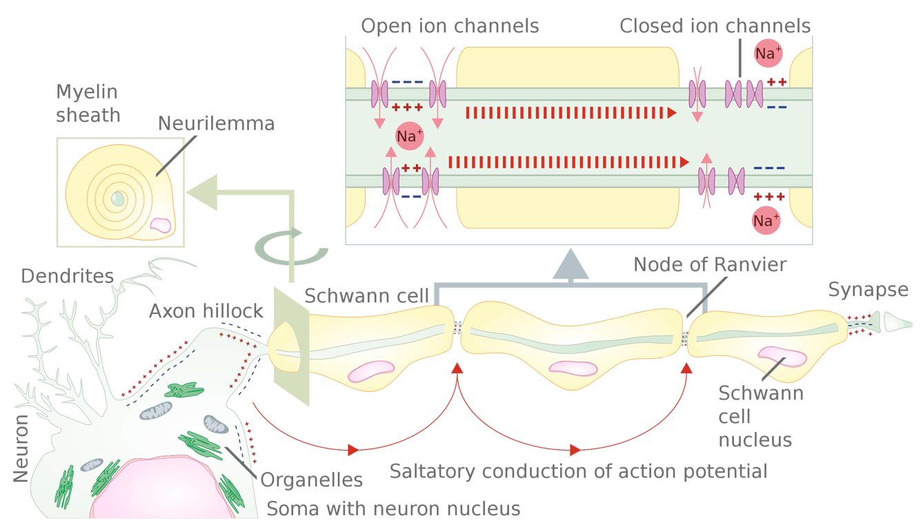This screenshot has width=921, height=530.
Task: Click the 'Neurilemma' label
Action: tap(216, 124)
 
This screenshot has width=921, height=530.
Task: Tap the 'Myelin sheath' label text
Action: tap(88, 104)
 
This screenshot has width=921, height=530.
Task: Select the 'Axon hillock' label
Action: tap(206, 311)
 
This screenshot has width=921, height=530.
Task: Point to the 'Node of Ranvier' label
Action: tap(710, 264)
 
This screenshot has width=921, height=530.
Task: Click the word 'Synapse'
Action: tap(868, 290)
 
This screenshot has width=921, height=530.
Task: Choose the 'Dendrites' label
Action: tap(67, 276)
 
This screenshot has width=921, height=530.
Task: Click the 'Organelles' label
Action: tap(311, 480)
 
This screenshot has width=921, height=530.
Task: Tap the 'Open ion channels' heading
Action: tap(450, 26)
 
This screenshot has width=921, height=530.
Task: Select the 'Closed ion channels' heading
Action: tap(715, 26)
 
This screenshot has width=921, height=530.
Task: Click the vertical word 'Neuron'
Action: tap(21, 448)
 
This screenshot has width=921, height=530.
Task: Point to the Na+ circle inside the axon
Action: tap(409, 136)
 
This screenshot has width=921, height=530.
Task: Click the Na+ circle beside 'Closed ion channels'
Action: tap(768, 53)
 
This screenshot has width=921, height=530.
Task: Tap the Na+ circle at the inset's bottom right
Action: tap(766, 220)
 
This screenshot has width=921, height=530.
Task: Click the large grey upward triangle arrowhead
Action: tap(571, 264)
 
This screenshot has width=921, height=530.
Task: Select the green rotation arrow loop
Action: tap(291, 246)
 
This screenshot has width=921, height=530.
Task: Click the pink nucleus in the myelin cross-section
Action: tap(160, 225)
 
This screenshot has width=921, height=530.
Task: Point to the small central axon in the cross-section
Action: tap(117, 199)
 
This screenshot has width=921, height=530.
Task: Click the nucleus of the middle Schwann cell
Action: tap(573, 368)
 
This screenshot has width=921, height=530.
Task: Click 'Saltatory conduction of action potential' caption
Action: tap(578, 471)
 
